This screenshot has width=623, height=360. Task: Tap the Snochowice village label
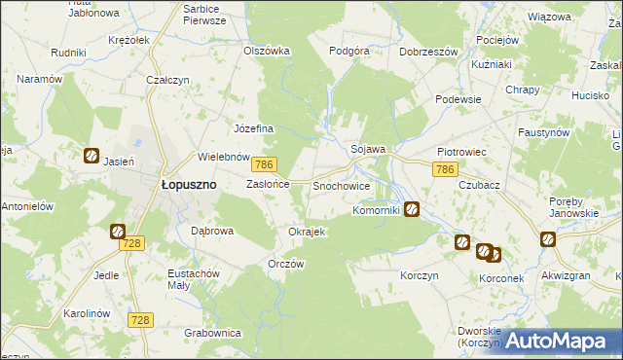[x=340, y=185]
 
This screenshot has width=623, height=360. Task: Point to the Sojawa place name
[x=369, y=149]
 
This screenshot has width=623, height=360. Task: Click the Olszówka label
[x=267, y=51]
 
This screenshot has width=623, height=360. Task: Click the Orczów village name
[x=286, y=265]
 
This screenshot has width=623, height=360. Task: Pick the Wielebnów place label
[x=225, y=156]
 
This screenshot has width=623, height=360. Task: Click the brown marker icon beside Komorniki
[x=413, y=208]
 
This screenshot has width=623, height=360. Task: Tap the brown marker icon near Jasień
[x=91, y=154]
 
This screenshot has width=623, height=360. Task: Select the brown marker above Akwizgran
[x=548, y=238]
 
